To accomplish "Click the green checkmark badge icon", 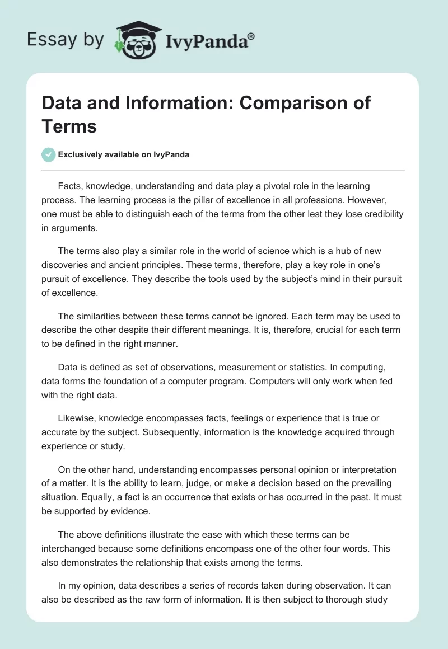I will pos(49,154).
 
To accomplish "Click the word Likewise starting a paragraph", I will pos(76,418).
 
